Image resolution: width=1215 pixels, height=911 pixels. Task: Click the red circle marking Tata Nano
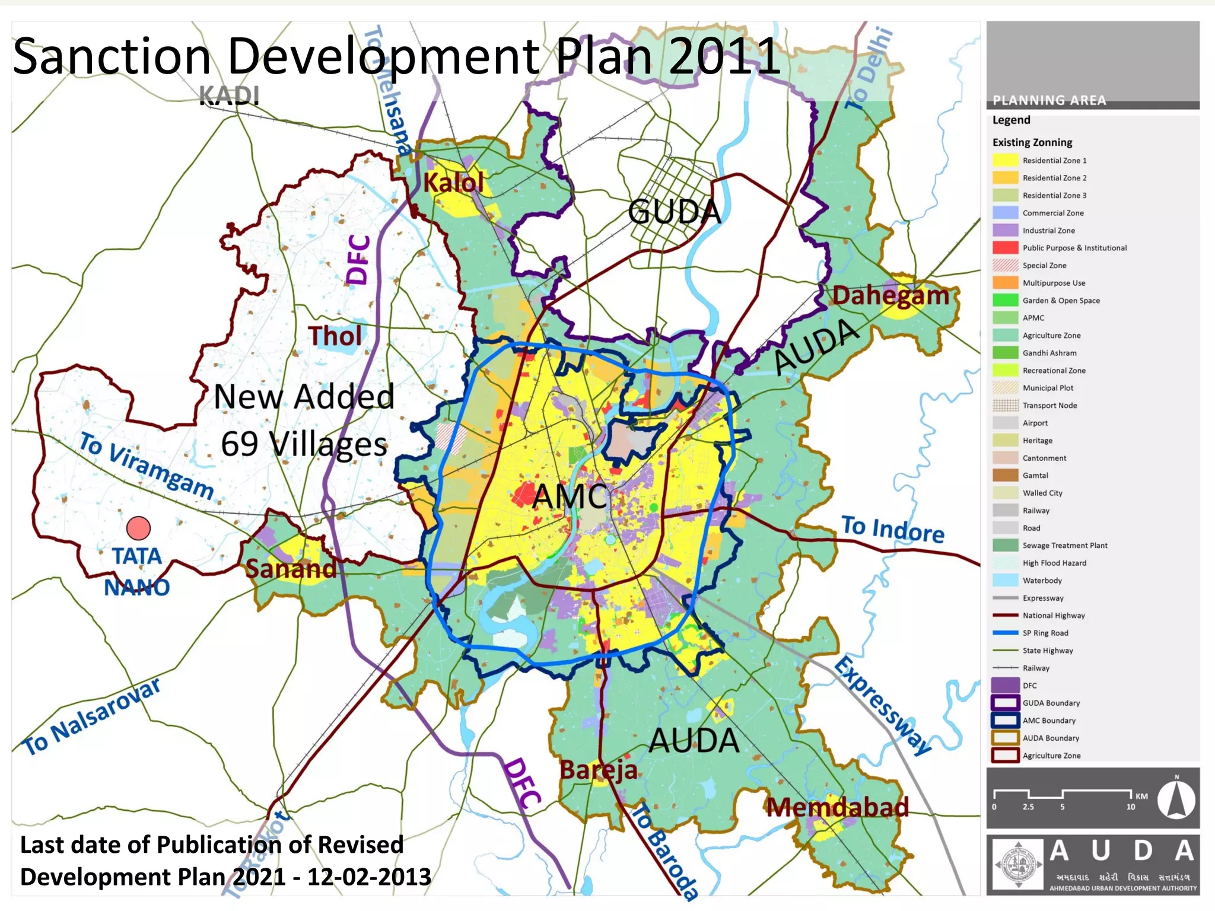pos(138,528)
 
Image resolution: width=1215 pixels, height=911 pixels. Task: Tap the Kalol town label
pos(453,182)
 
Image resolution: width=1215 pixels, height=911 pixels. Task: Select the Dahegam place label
pos(890,295)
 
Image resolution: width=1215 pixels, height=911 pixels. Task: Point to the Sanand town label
pos(291,569)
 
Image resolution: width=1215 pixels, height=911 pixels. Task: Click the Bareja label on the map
pos(598,770)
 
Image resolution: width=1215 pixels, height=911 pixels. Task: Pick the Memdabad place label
pos(836,807)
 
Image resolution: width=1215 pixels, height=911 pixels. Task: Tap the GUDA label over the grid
pos(675,212)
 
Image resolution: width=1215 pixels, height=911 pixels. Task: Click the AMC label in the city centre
pos(570,496)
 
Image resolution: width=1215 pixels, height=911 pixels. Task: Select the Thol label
pos(335,336)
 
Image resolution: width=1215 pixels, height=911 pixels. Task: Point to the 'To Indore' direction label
pos(892,529)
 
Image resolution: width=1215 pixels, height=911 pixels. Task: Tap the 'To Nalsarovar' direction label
pos(92,716)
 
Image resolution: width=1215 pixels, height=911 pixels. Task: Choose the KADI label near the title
pos(229,96)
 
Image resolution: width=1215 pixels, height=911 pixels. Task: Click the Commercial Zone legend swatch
pos(1004,212)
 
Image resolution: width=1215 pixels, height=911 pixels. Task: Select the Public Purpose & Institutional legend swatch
pos(1004,247)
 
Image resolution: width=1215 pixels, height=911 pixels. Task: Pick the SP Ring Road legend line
pos(1004,633)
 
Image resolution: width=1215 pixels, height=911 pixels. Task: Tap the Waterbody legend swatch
pos(1004,580)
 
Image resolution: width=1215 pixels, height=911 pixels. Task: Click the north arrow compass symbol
pos(1176,799)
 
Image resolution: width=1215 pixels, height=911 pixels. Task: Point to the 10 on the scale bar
pos(1131,807)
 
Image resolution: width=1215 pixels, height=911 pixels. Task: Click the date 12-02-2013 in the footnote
pos(369,877)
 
